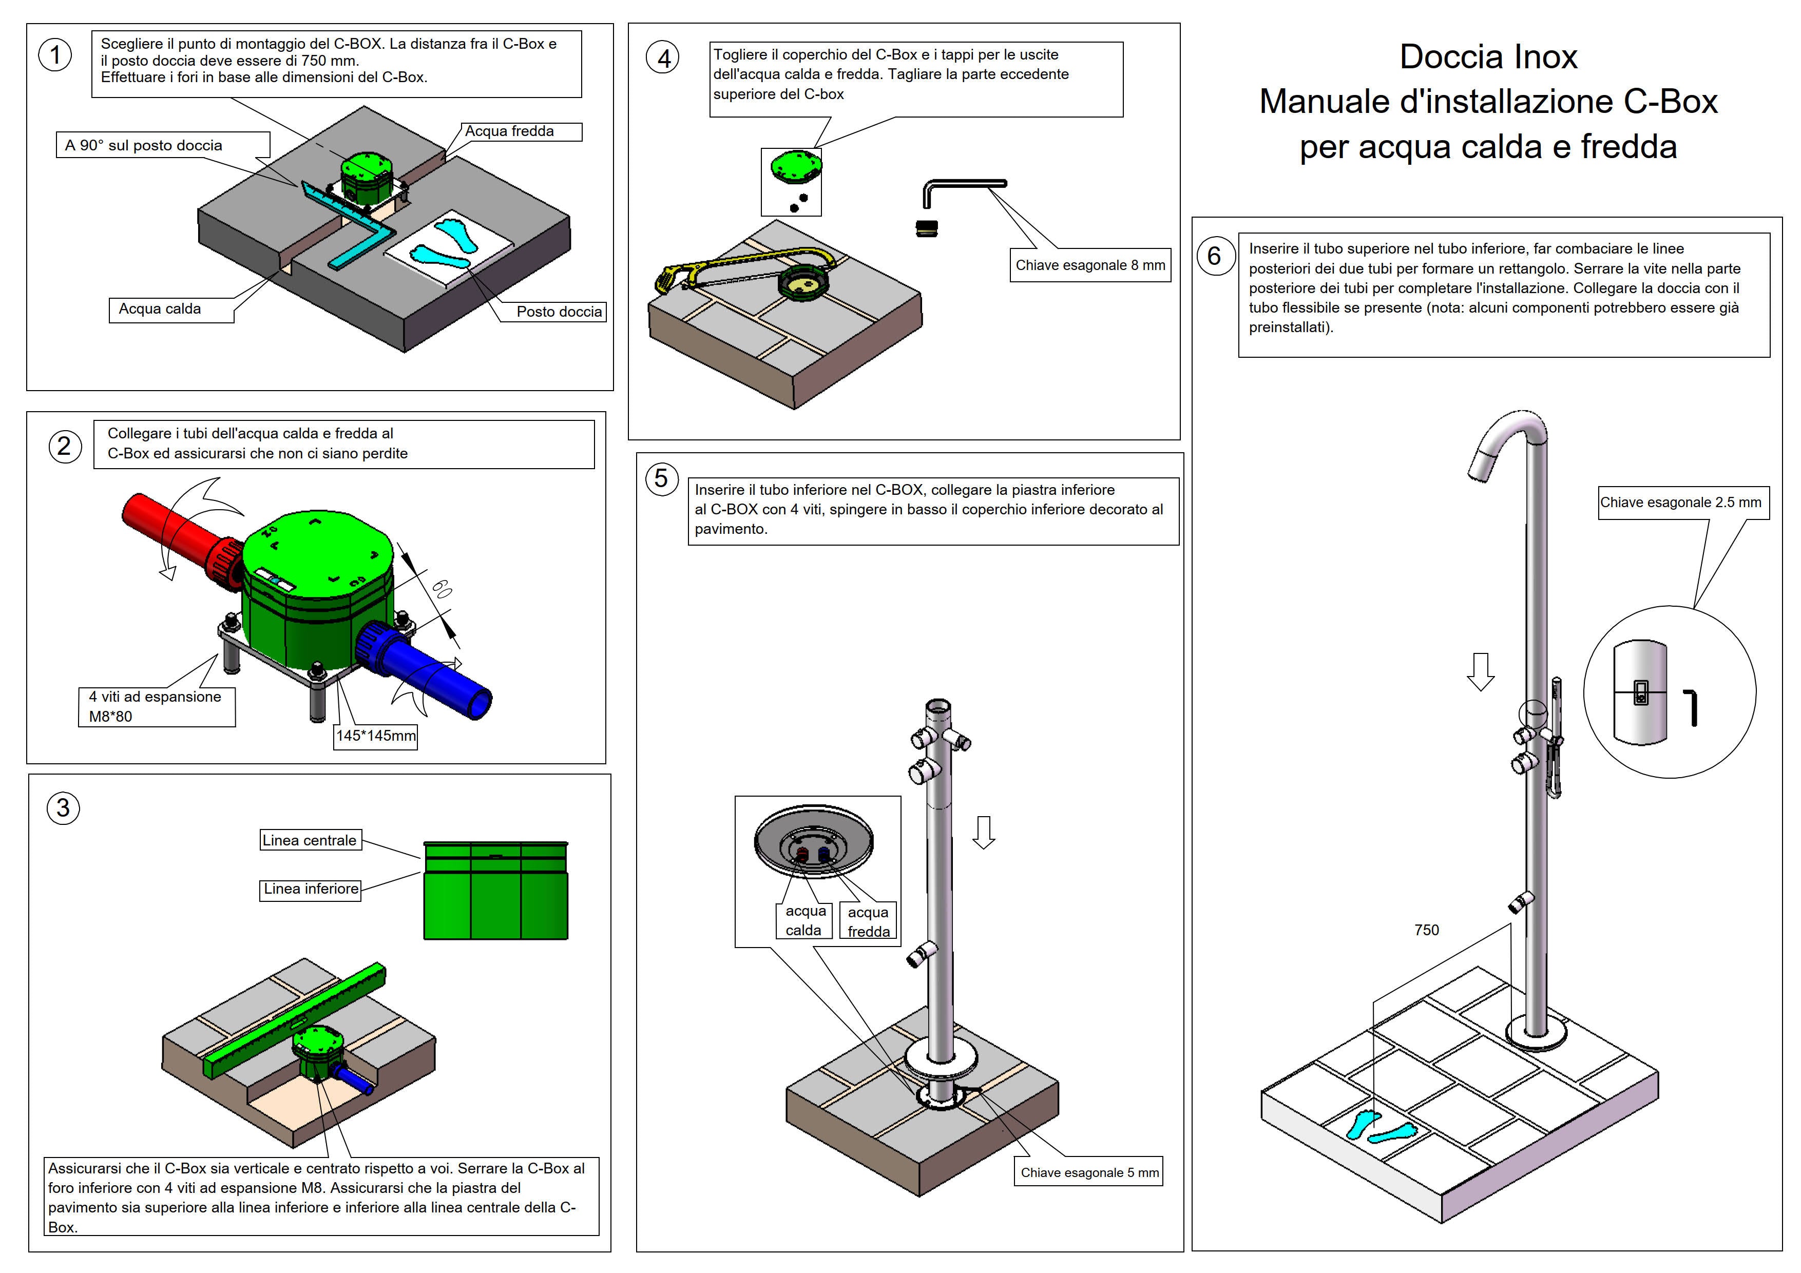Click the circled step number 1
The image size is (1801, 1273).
click(x=55, y=55)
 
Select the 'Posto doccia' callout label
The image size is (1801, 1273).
click(x=559, y=312)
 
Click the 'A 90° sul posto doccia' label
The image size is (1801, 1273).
click(x=144, y=146)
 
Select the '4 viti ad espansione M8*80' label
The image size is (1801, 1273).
click(x=156, y=706)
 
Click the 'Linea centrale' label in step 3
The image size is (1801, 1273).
click(x=310, y=840)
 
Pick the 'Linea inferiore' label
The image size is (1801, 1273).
click(x=311, y=889)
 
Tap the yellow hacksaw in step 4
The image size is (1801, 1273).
click(x=730, y=267)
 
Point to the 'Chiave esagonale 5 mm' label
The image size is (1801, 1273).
click(x=1089, y=1172)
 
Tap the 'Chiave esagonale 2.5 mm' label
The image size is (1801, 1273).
click(x=1680, y=503)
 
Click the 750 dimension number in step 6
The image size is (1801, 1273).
click(x=1426, y=930)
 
